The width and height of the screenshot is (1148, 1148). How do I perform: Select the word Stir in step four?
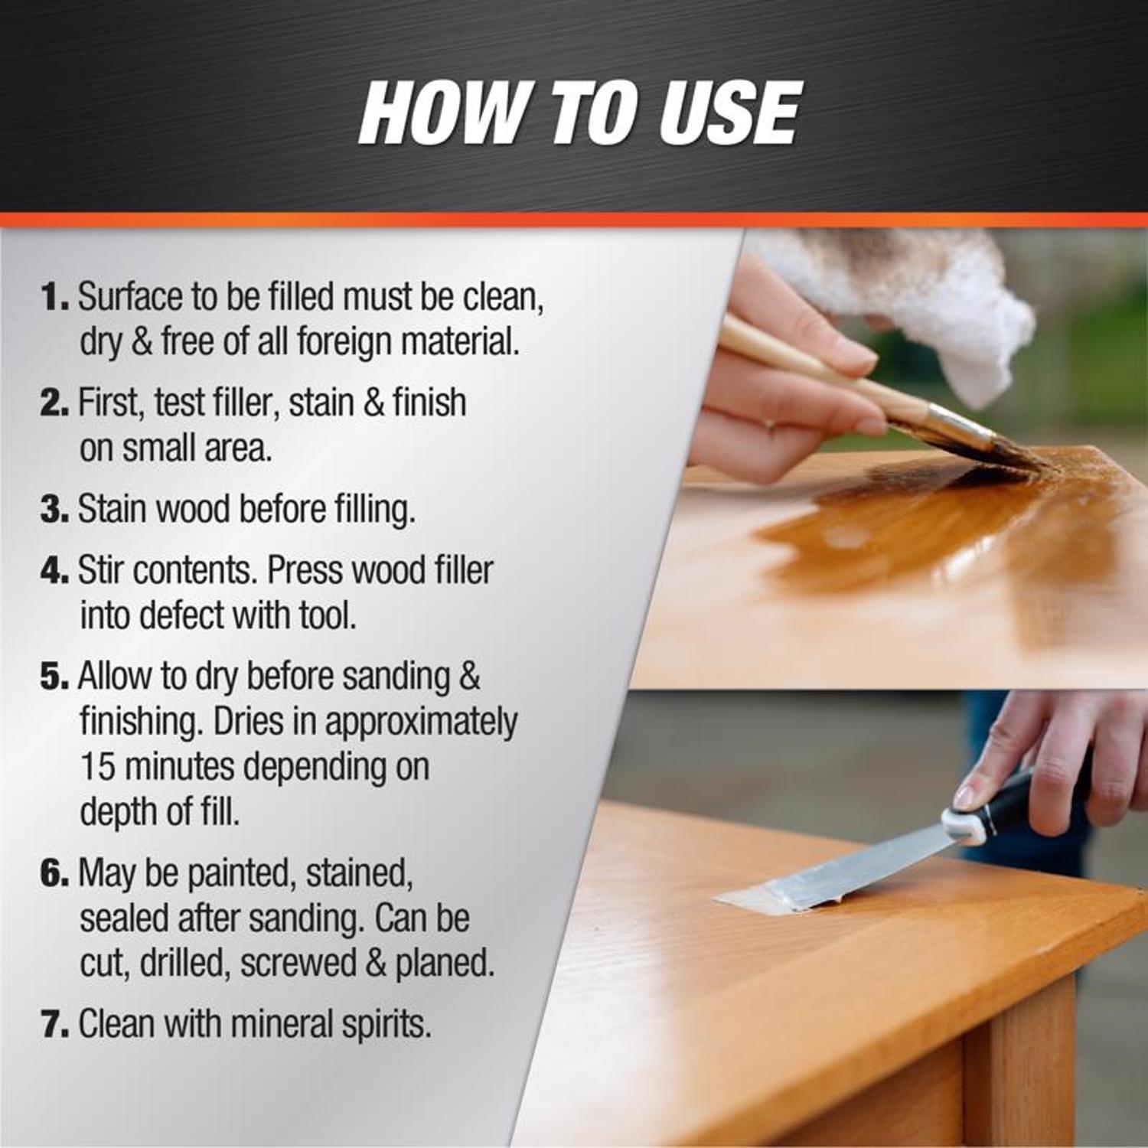(103, 570)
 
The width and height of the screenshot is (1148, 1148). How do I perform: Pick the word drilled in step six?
(185, 963)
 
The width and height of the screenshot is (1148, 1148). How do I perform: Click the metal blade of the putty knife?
(842, 872)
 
